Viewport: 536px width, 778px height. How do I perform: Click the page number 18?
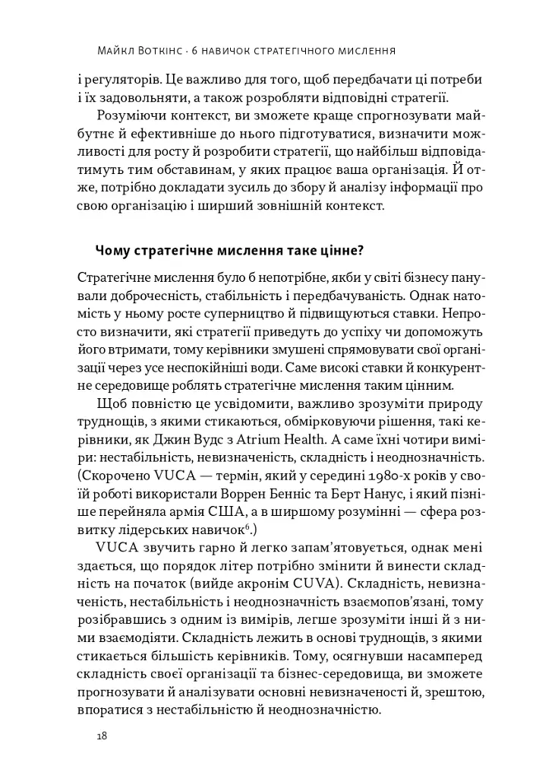coord(101,736)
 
